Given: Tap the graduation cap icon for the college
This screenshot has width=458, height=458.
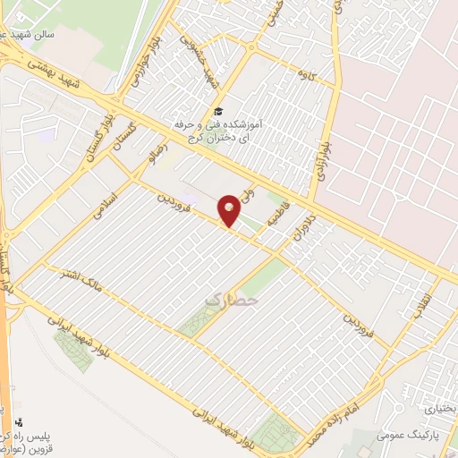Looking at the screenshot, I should point(216,111).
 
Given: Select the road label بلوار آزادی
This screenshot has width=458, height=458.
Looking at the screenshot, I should point(319,153).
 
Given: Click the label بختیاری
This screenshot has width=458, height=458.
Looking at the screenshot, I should point(439,407).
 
